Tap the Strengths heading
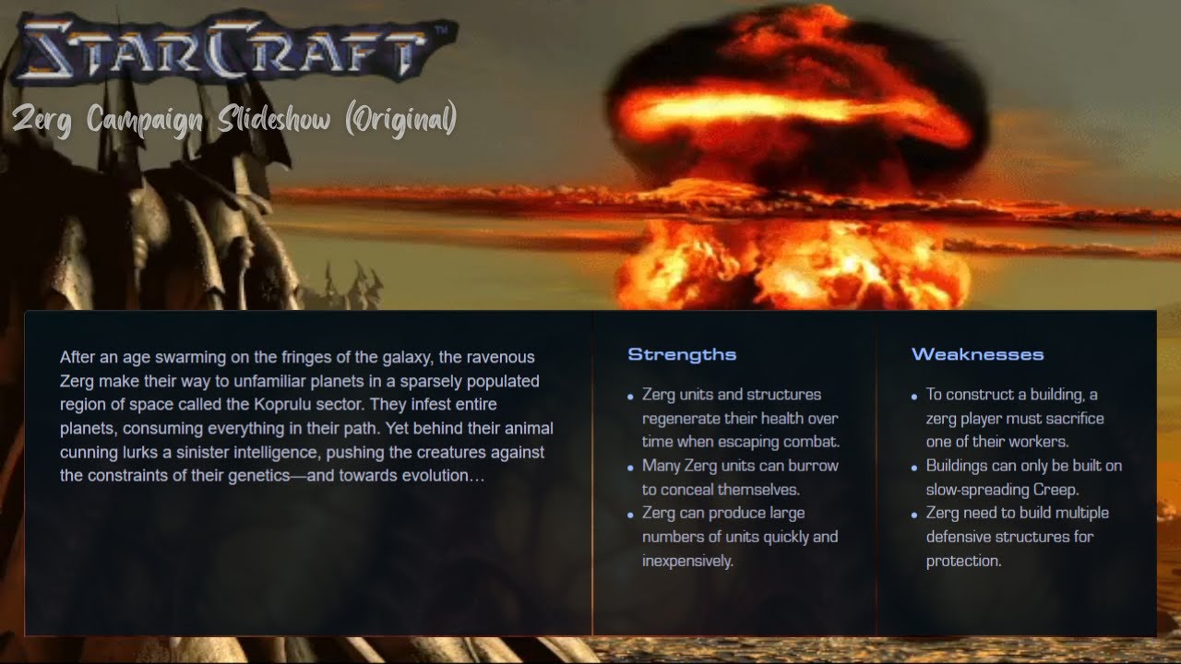point(682,354)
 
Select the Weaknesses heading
point(977,354)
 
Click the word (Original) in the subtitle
point(401,119)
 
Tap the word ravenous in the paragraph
point(501,357)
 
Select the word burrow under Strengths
point(815,466)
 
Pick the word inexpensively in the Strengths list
point(687,561)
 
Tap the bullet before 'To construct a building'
point(914,396)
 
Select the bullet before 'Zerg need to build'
point(914,515)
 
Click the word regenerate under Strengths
point(684,418)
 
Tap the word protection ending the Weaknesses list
point(963,561)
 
